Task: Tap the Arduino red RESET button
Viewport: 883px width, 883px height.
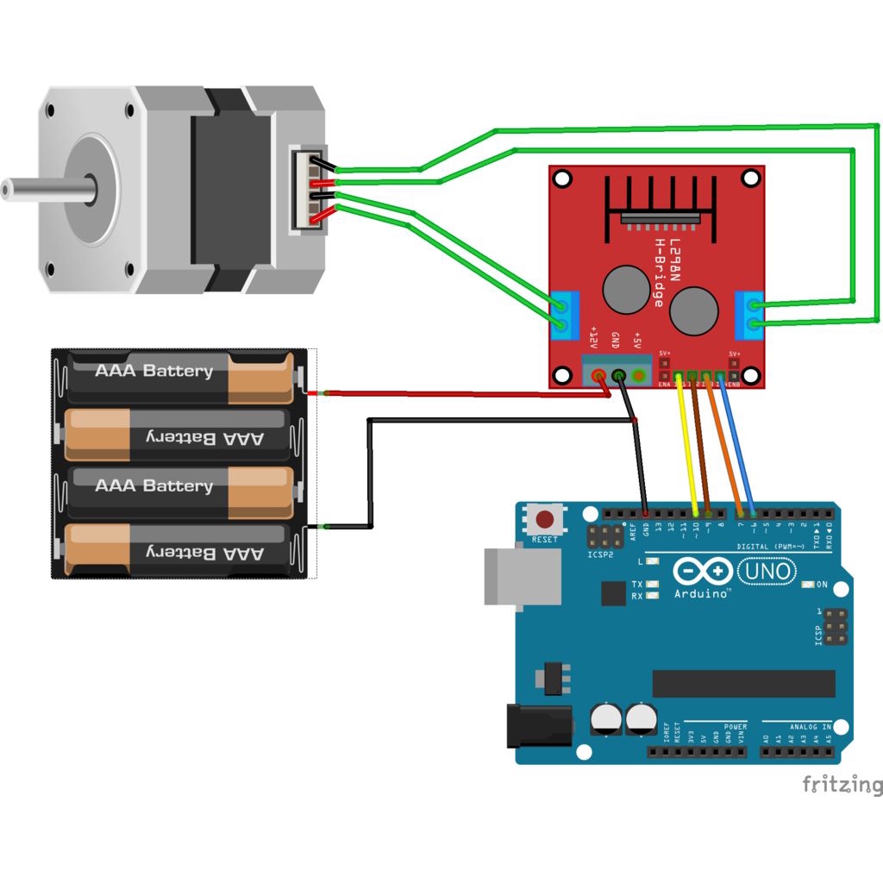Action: tap(545, 520)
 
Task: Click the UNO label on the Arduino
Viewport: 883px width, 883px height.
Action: tap(767, 571)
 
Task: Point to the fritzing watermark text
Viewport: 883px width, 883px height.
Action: tap(842, 784)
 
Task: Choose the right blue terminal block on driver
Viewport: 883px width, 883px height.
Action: tap(749, 315)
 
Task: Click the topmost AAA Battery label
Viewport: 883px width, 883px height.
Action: tap(153, 372)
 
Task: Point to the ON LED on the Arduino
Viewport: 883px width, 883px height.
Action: tap(808, 585)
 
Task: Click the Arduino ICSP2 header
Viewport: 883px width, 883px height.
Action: tap(601, 537)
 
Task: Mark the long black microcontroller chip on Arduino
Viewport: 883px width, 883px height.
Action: tap(743, 683)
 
